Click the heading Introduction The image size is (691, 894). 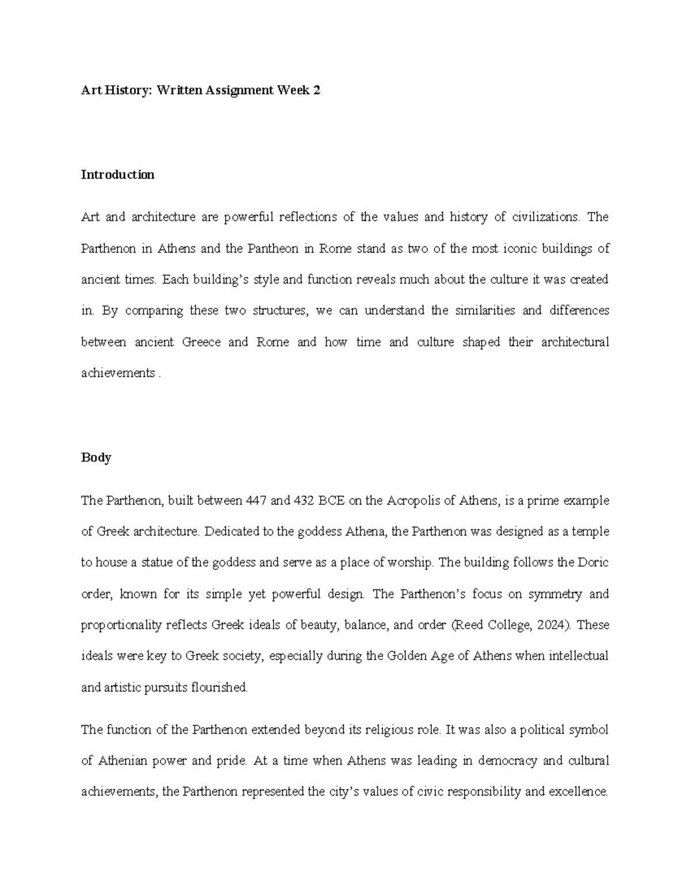(x=117, y=174)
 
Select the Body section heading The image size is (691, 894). (x=96, y=458)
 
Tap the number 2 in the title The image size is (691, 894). (x=317, y=90)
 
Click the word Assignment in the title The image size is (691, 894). (x=238, y=90)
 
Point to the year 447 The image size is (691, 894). (x=256, y=500)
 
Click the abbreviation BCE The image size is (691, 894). (x=331, y=500)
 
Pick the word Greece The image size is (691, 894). (x=201, y=342)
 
